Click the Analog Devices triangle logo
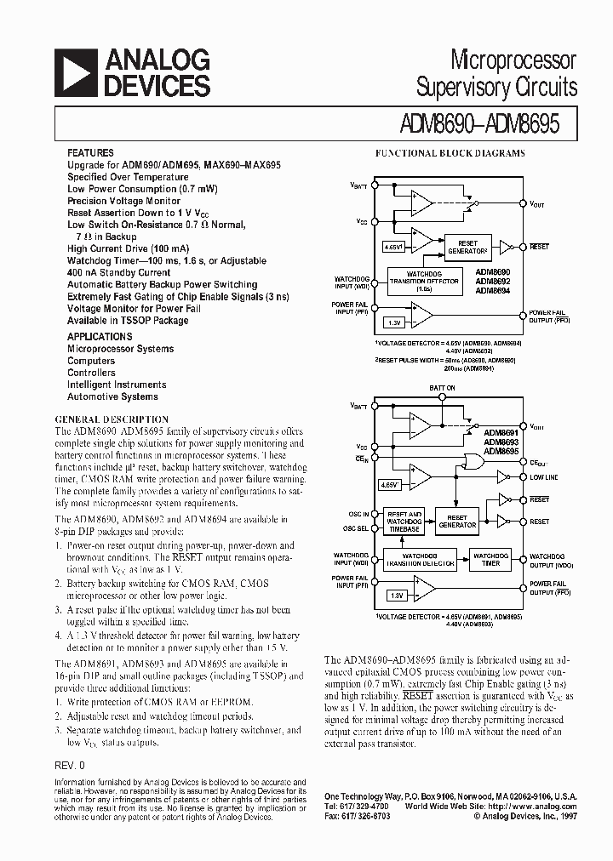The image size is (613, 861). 76,72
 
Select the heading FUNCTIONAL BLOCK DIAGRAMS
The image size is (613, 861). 450,154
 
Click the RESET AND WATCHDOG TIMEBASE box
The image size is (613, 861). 404,520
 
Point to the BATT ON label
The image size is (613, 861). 442,388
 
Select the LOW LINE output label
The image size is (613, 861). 543,477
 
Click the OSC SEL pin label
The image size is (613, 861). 356,527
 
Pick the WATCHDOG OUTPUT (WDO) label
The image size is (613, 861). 547,561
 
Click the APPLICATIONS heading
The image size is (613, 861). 99,336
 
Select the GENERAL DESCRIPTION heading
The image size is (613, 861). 112,419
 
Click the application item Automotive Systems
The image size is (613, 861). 112,396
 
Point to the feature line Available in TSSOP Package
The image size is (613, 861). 128,321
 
